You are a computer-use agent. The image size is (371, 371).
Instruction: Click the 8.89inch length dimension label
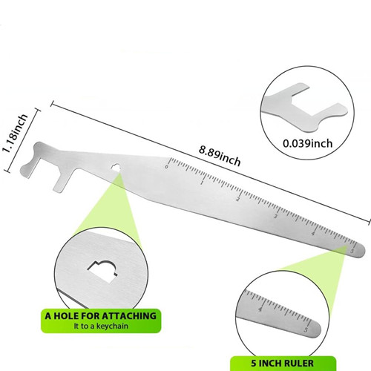(x=220, y=156)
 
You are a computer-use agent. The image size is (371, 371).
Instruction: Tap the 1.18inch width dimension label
(x=15, y=134)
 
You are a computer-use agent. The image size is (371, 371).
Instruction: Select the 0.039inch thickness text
(x=307, y=143)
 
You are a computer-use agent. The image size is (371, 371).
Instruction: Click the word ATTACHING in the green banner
(x=129, y=316)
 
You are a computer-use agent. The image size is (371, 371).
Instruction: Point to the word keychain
(x=112, y=326)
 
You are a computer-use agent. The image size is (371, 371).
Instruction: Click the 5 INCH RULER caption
(x=283, y=364)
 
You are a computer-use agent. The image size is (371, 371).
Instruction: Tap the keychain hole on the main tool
(x=115, y=167)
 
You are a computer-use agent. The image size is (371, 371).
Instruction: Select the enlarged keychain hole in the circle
(x=102, y=271)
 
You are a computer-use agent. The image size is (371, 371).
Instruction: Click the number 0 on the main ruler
(x=166, y=167)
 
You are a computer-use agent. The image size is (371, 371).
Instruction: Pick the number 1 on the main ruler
(x=202, y=183)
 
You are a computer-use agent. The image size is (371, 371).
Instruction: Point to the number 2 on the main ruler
(x=238, y=199)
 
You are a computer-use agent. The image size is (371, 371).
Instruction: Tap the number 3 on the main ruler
(x=275, y=216)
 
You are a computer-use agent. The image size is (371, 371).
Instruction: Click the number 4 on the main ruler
(x=313, y=233)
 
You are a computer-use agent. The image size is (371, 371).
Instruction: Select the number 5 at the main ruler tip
(x=352, y=251)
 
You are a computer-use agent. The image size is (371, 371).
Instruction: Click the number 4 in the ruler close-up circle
(x=260, y=309)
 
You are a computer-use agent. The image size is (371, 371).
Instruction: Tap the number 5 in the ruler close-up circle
(x=306, y=329)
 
